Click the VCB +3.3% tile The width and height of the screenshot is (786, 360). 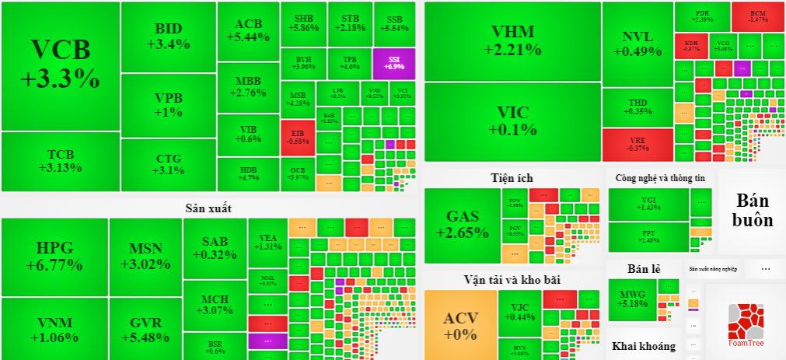point(60,65)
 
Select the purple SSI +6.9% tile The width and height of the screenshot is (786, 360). point(395,63)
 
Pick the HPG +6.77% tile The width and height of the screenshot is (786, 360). point(54,257)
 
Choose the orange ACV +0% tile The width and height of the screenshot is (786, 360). point(460,325)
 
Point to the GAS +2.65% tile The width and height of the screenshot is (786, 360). point(462,225)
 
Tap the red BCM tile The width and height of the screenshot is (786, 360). point(757,16)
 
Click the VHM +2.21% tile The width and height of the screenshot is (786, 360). point(512,40)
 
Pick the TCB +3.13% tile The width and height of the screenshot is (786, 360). point(60,161)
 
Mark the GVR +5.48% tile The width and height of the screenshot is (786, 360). point(145,330)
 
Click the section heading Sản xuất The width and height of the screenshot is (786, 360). point(208,208)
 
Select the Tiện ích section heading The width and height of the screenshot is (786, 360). point(512,178)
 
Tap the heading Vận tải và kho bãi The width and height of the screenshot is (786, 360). point(512,279)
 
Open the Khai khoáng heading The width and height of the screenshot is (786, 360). point(643,346)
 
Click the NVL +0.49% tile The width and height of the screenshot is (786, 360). point(637,44)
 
